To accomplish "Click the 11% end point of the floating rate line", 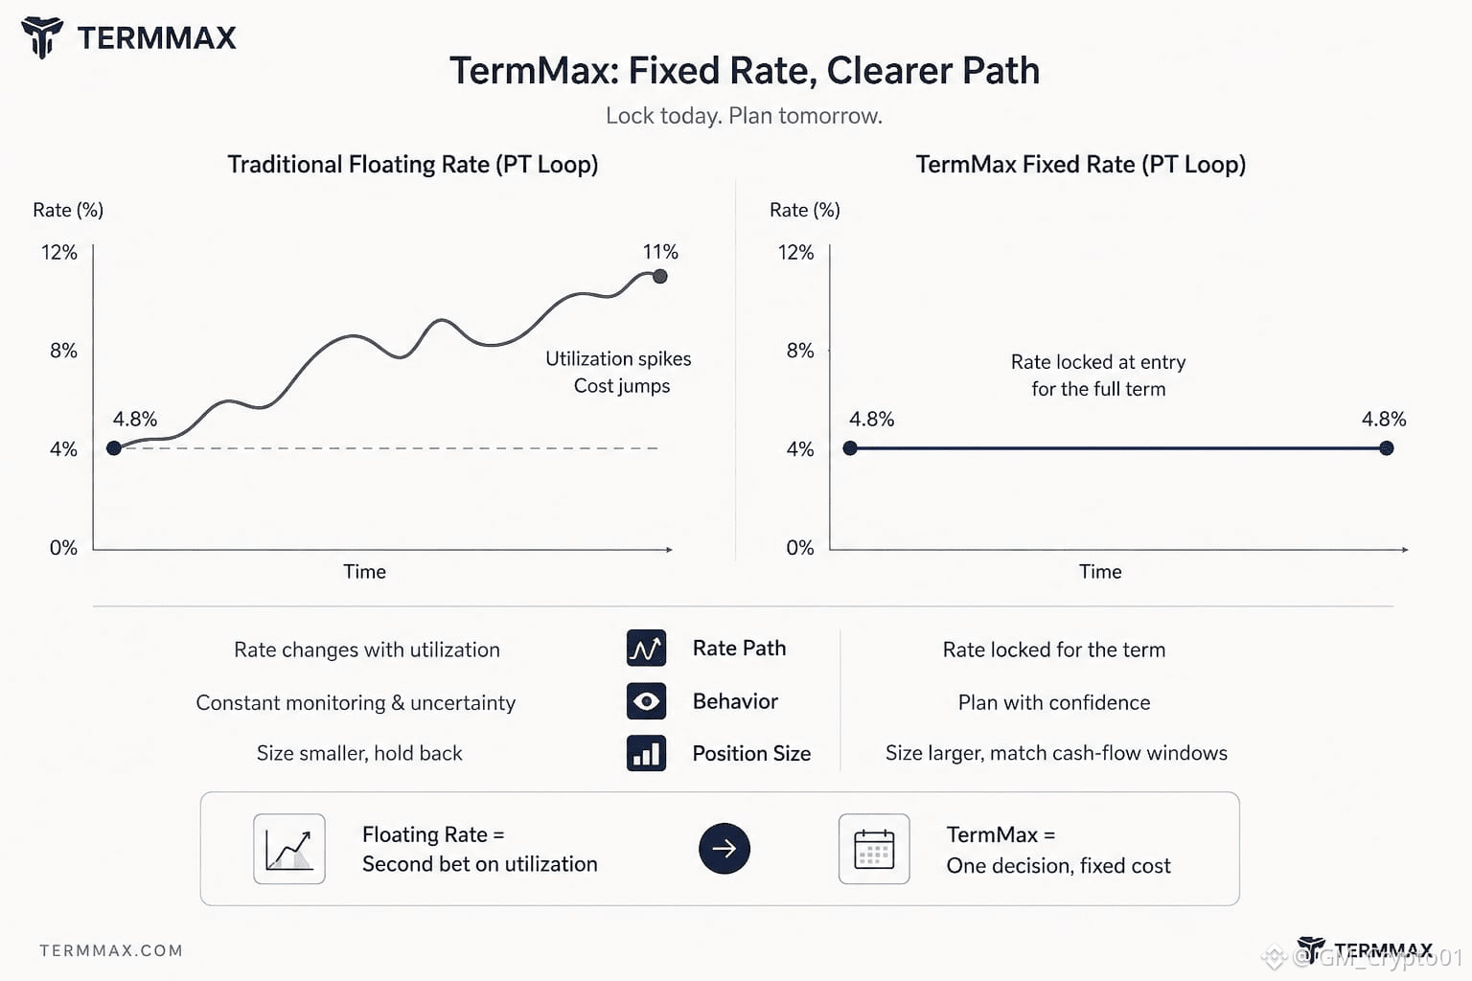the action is [659, 277].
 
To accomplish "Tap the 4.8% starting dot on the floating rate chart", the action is [114, 448].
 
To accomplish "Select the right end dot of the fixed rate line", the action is [1387, 448].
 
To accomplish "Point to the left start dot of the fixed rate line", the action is [850, 448].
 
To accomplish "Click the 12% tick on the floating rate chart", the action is [59, 252].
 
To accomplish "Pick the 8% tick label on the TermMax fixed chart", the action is [800, 351].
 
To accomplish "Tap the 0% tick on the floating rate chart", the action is [63, 547].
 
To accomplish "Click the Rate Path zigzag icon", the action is [646, 648].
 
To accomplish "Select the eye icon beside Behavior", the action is [646, 701].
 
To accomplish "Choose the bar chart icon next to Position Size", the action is [646, 753].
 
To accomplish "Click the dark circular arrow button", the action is [724, 848].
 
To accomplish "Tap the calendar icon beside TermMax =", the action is [874, 849].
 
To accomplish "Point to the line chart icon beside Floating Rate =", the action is [289, 849].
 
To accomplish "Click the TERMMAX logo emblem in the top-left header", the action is [42, 37].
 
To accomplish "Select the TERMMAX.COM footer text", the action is [111, 950].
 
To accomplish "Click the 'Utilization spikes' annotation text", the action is [618, 358].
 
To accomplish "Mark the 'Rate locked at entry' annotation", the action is [1098, 362].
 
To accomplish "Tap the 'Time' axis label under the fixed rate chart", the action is [1100, 572].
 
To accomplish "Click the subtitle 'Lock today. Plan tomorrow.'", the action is [744, 116].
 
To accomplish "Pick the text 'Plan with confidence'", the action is [1054, 702].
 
